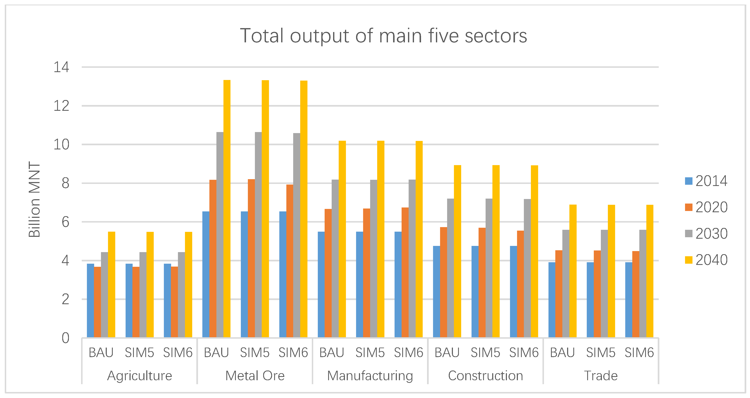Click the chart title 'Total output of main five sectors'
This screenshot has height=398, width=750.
tap(383, 36)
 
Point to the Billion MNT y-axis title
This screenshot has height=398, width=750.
tap(34, 200)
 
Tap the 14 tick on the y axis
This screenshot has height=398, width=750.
tap(61, 67)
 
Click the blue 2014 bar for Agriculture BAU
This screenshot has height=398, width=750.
tap(90, 301)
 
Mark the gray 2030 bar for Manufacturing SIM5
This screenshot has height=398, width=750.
tap(373, 259)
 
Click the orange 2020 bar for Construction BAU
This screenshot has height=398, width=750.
tap(443, 282)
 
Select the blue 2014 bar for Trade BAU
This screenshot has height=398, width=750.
tap(552, 300)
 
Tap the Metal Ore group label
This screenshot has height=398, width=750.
tap(255, 376)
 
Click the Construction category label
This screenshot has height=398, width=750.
tap(485, 376)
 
